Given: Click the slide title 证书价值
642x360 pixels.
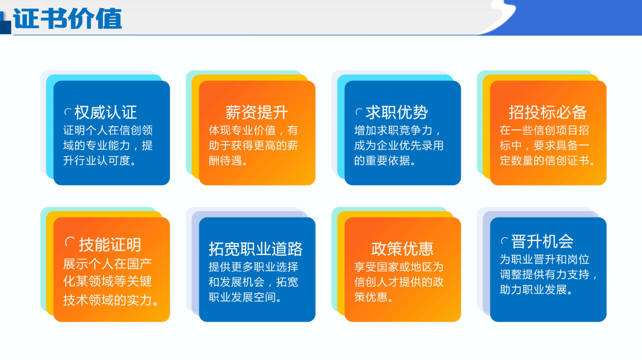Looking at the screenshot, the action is pos(67,19).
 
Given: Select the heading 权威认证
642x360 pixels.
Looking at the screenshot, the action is pos(106,112).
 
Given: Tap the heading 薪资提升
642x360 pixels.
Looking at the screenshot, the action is pos(256,112).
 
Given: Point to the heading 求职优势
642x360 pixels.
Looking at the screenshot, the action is pos(397,112).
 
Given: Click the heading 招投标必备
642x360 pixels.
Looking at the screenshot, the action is pos(548,112).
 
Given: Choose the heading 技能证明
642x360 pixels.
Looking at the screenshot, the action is pos(110,245).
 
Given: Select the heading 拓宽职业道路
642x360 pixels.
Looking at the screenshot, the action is pos(255,249).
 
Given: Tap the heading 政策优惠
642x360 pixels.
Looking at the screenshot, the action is pos(402,249).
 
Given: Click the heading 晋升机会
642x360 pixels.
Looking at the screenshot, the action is pos(542,241).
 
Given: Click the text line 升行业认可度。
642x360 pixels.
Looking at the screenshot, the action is pos(99,161).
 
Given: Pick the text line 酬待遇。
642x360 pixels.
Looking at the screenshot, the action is pos(228,161).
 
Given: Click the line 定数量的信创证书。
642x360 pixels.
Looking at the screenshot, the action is pos(547,161).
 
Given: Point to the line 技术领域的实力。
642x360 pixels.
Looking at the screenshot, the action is pos(111,300).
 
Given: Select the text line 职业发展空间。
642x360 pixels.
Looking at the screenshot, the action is pos(245,297).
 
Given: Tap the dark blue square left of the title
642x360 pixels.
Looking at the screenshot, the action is pos(5,27).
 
